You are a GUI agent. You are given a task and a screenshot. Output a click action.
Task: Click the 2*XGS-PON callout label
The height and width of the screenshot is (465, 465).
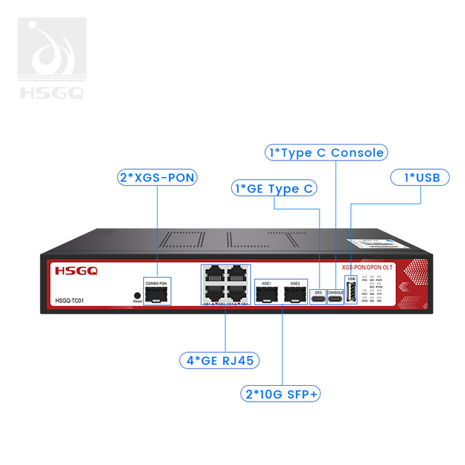pyautogui.click(x=156, y=177)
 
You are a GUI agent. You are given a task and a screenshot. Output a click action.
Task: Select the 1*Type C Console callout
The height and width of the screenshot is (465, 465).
pyautogui.click(x=325, y=153)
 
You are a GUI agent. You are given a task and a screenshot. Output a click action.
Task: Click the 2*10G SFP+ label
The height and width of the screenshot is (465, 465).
pyautogui.click(x=281, y=394)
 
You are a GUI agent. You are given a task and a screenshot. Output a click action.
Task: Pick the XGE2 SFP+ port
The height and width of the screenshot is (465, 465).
pyautogui.click(x=294, y=295)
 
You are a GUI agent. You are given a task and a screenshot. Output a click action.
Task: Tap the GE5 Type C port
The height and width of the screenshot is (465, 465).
pyautogui.click(x=318, y=297)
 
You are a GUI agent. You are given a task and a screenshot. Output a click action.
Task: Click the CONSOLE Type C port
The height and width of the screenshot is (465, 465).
pyautogui.click(x=336, y=297)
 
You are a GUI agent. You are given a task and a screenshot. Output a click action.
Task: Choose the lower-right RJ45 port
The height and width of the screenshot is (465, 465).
pyautogui.click(x=237, y=293)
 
